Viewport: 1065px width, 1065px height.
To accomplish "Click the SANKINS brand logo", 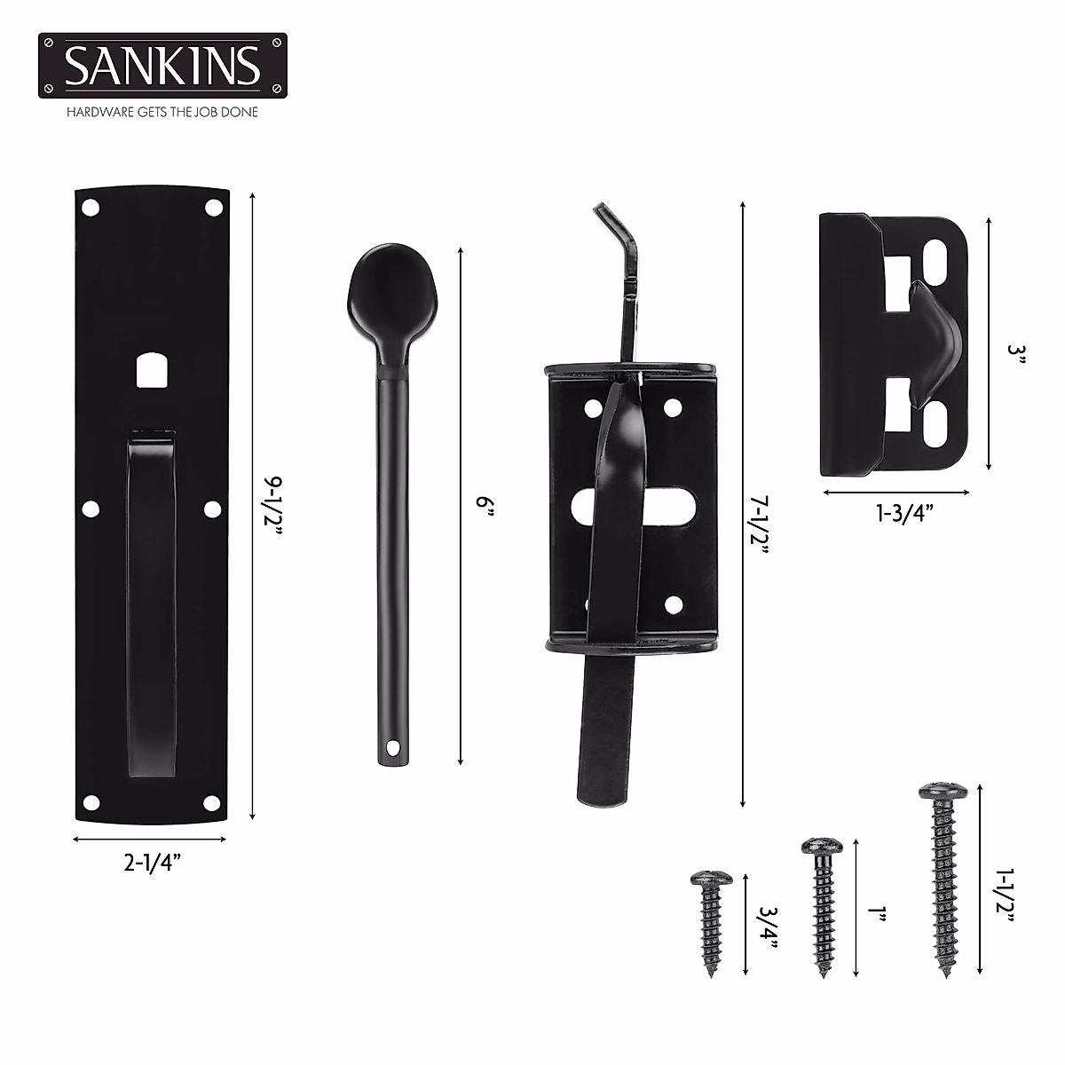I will click(162, 65).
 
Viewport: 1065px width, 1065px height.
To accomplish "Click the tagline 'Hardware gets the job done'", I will click(162, 113).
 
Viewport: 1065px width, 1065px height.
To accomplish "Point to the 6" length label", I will click(483, 507).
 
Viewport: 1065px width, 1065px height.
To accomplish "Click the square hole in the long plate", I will click(149, 370).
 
